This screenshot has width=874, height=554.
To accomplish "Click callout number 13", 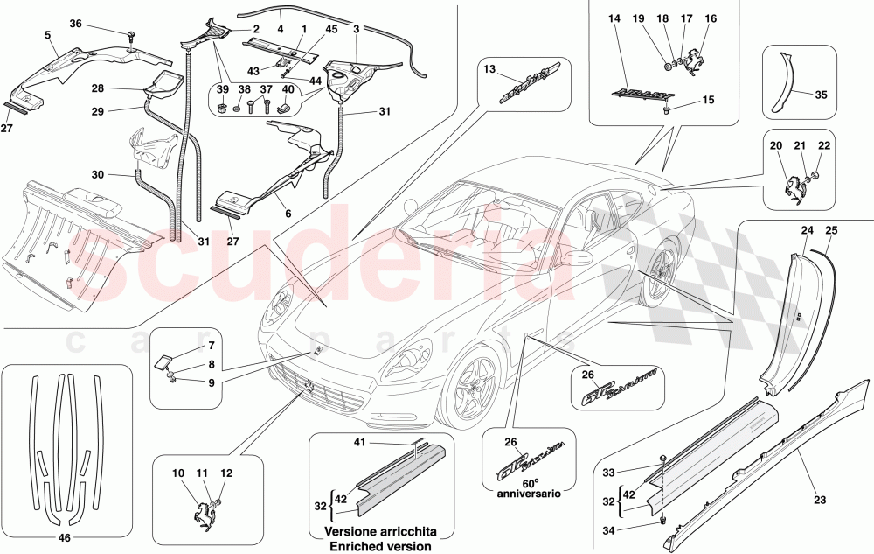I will tap(489, 69).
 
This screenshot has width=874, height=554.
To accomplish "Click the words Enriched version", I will tap(379, 546).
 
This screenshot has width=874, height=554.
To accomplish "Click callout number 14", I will tap(613, 18).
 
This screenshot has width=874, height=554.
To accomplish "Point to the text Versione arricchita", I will tap(379, 532).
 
